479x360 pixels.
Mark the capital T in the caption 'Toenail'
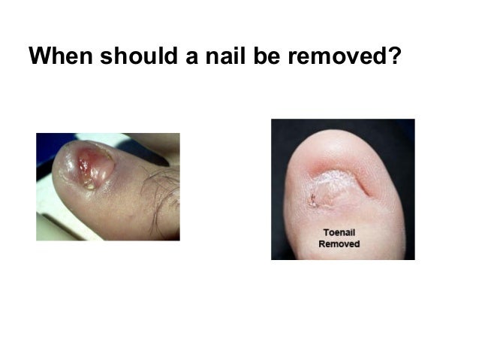pyautogui.click(x=324, y=233)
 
